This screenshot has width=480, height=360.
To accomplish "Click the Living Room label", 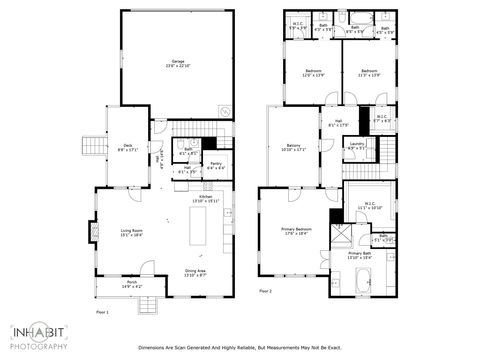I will [130, 233].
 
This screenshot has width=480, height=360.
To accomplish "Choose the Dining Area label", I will [195, 272].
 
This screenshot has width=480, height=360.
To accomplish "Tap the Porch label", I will [131, 286].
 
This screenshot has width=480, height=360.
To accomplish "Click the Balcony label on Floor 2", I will [293, 147].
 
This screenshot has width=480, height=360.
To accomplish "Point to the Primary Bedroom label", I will [296, 233].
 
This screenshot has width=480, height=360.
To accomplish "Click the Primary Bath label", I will [360, 256].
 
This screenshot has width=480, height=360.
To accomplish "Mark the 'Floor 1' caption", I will [101, 312].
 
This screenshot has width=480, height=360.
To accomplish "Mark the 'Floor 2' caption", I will [265, 291].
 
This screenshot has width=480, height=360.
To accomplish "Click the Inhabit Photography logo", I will [39, 336].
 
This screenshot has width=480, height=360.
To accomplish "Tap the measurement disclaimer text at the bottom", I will [239, 348].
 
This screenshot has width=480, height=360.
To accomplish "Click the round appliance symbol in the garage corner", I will [227, 111].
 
